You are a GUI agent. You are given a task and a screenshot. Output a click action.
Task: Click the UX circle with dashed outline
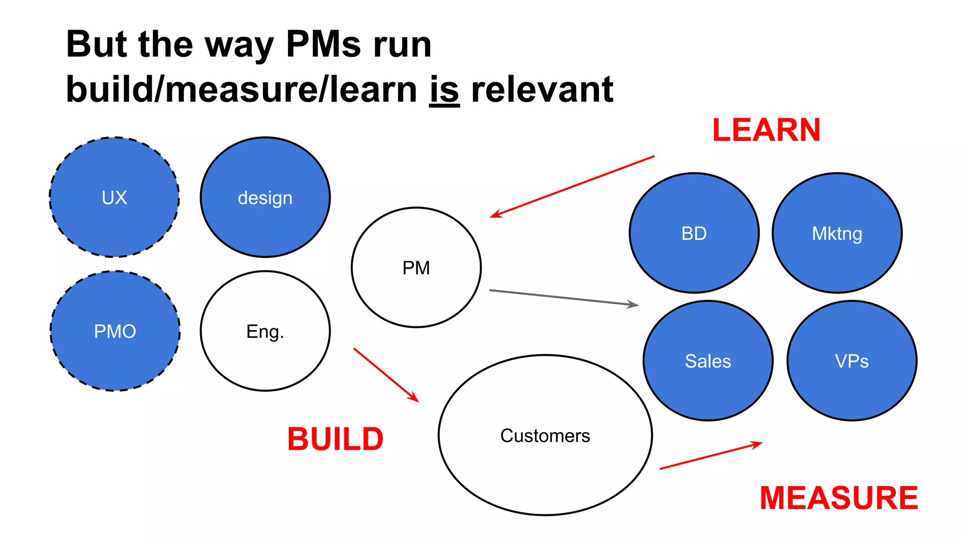(114, 197)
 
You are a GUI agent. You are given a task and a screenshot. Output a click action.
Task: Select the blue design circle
(265, 197)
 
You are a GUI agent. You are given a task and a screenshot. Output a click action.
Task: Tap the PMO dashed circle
(115, 331)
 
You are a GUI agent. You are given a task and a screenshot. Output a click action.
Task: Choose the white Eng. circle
(265, 331)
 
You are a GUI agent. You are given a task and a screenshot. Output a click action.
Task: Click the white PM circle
(416, 268)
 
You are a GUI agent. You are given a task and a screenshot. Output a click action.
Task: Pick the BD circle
(694, 233)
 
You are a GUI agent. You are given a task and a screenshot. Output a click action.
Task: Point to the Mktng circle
(837, 233)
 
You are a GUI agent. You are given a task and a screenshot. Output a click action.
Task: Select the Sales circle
(708, 361)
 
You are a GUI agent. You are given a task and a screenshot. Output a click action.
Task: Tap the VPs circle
(852, 361)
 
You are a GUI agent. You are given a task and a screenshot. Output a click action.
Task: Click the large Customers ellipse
(545, 435)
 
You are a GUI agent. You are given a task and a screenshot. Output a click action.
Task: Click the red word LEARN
(766, 130)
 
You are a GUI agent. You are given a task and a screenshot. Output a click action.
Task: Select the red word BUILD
(335, 439)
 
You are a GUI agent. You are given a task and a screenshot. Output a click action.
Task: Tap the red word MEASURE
(839, 498)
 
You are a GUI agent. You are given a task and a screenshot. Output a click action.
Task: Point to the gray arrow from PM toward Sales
(564, 298)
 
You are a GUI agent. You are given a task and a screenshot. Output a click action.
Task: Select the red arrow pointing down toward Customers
(386, 375)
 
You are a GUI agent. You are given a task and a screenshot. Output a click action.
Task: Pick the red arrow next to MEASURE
(711, 456)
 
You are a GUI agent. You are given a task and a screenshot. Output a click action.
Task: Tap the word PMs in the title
(324, 45)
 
